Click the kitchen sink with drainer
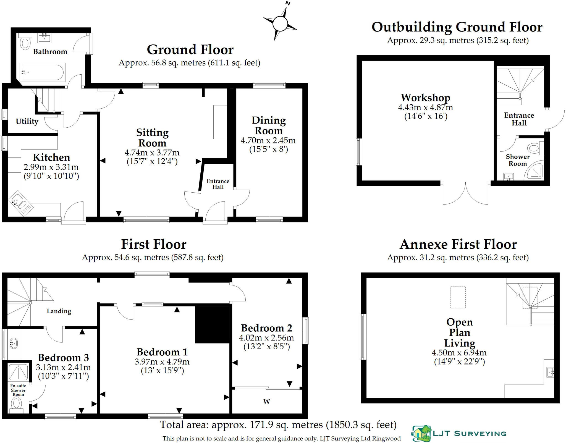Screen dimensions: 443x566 (x=20, y=204)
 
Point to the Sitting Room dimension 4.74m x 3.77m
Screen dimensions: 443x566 (x=152, y=153)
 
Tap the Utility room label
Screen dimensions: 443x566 (x=27, y=121)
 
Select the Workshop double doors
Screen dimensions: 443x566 (x=465, y=193)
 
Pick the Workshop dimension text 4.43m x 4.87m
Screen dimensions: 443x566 (x=425, y=107)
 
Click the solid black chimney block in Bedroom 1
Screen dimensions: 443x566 (x=212, y=324)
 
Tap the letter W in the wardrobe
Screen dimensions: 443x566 (x=266, y=402)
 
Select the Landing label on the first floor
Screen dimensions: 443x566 (x=59, y=311)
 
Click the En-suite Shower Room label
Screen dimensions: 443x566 (x=18, y=390)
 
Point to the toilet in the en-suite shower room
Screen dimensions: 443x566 (x=16, y=404)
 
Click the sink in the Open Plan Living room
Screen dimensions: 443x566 (x=550, y=372)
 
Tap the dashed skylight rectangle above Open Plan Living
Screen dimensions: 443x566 (x=458, y=297)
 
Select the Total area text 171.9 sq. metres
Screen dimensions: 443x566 (x=278, y=424)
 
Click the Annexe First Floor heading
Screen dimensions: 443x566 (x=458, y=244)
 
